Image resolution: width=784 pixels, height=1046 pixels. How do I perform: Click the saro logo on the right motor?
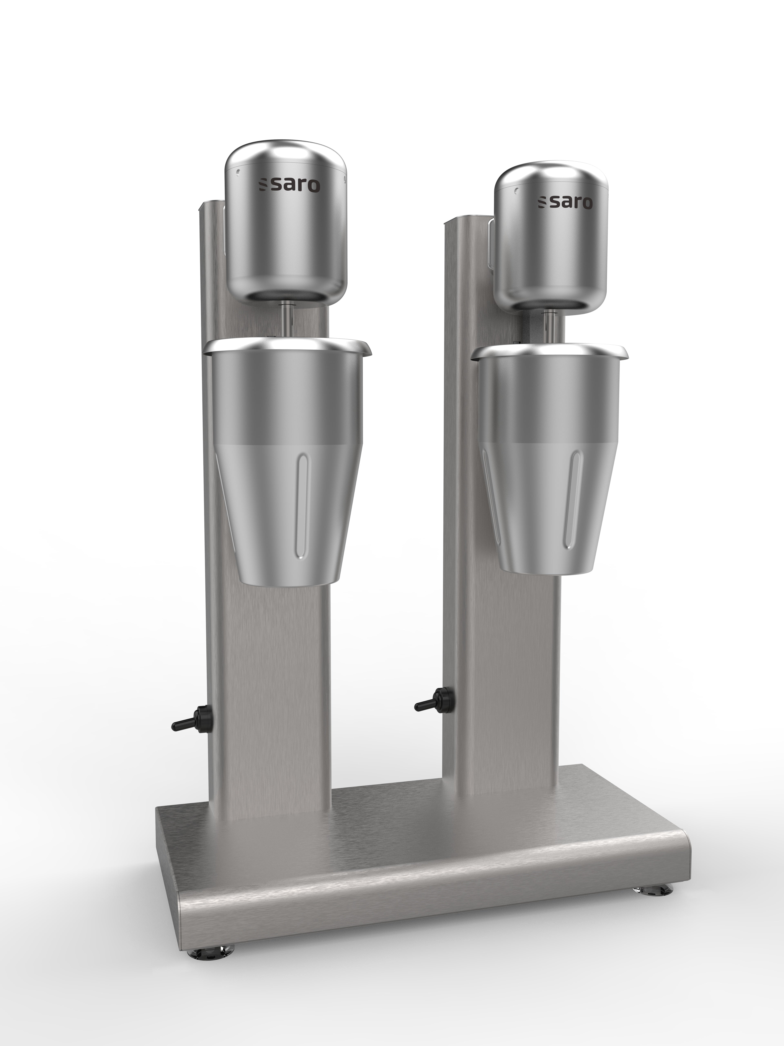pyautogui.click(x=565, y=203)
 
